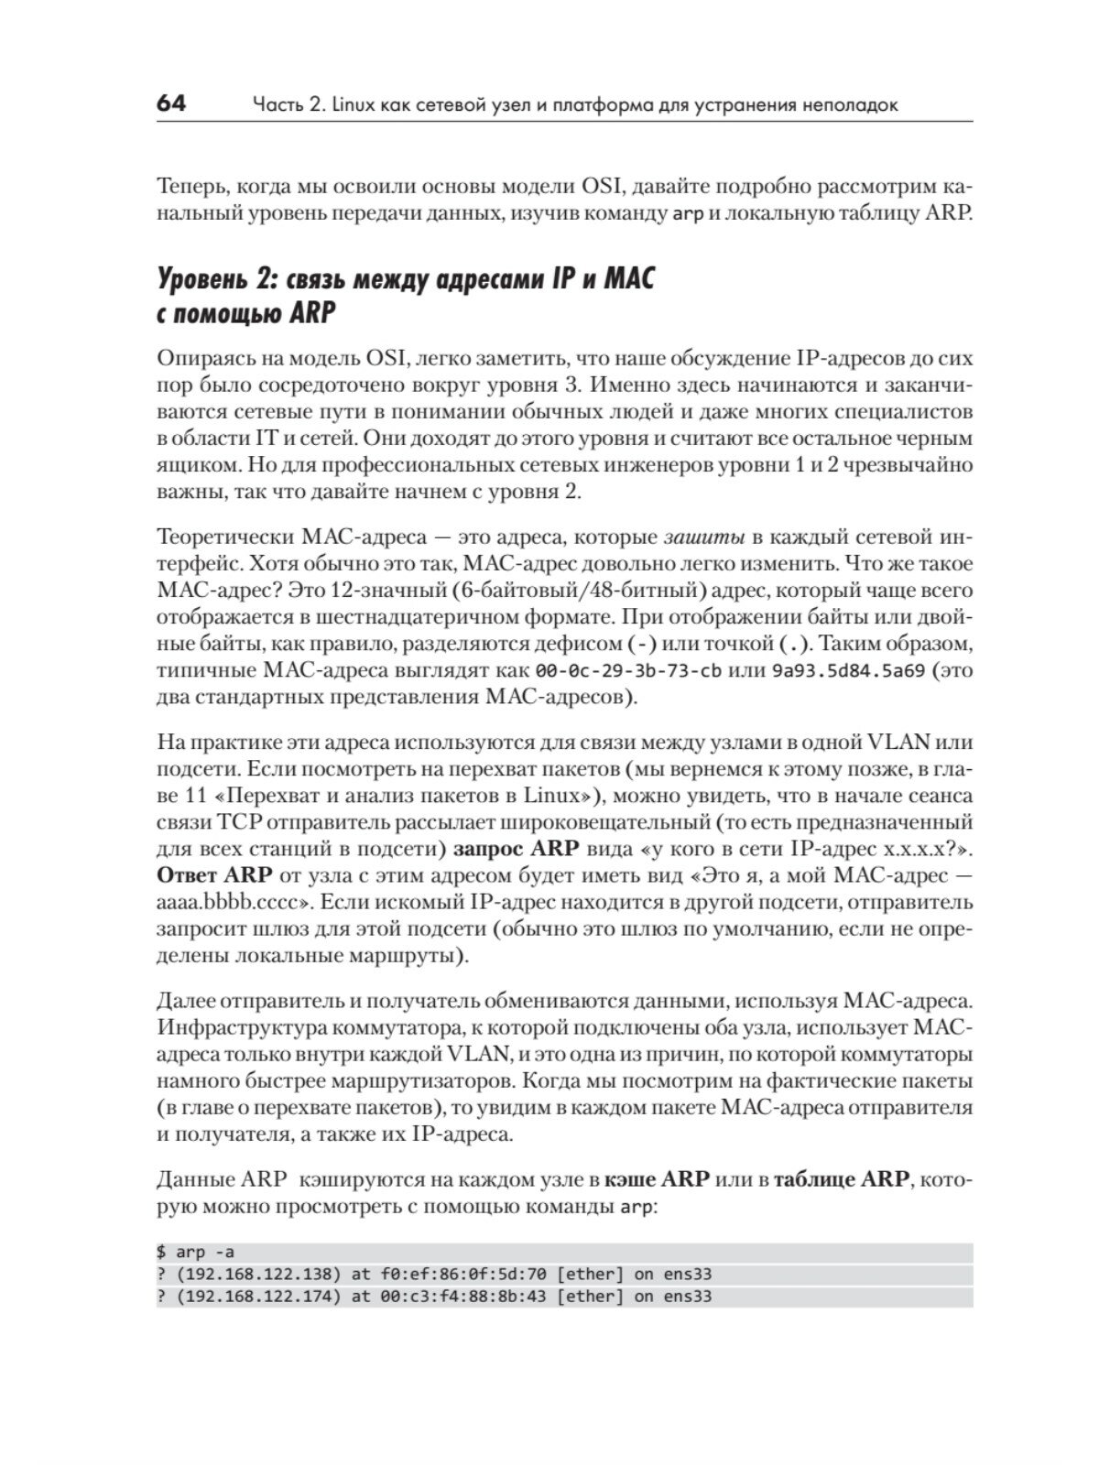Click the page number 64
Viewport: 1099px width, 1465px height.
pos(171,103)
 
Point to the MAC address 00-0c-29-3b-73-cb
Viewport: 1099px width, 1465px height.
pos(627,670)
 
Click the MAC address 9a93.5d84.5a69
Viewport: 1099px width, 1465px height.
pos(847,670)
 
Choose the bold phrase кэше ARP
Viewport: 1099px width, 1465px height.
pos(658,1179)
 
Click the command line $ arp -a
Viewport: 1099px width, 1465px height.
pos(197,1252)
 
